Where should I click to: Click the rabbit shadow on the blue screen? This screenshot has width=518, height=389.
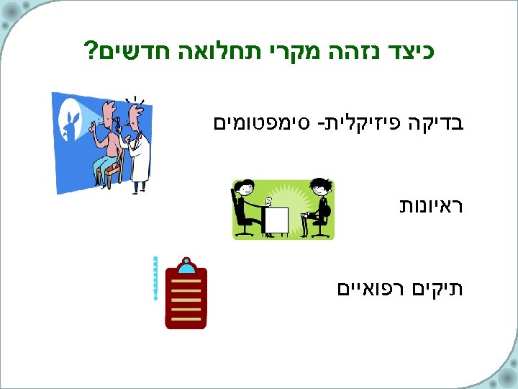pyautogui.click(x=73, y=118)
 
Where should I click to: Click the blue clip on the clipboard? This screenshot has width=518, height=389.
pyautogui.click(x=186, y=267)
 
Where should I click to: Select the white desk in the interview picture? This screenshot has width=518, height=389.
pyautogui.click(x=276, y=220)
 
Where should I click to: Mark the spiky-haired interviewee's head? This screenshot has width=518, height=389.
pyautogui.click(x=319, y=188)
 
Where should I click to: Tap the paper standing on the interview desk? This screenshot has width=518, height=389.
pyautogui.click(x=268, y=201)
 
